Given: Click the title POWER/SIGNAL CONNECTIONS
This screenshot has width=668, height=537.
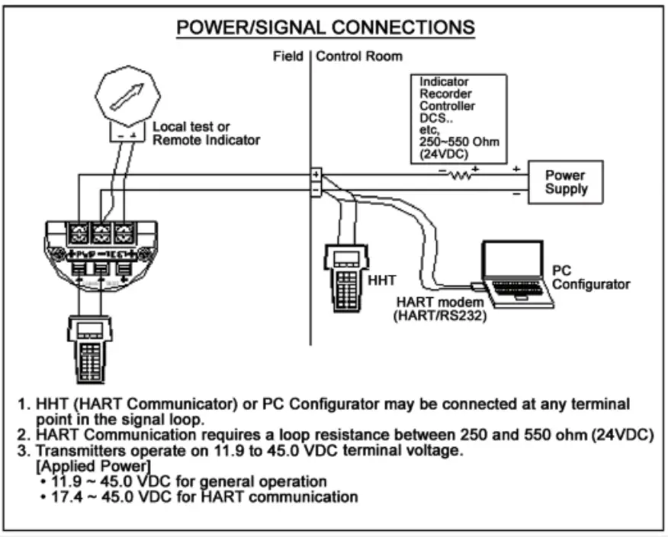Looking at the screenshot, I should pyautogui.click(x=326, y=27).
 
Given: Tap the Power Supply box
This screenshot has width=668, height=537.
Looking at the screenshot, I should pyautogui.click(x=566, y=181).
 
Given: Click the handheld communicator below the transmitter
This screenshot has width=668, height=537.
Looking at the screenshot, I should pyautogui.click(x=90, y=347).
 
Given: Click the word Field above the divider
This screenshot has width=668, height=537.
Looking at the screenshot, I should pyautogui.click(x=288, y=56).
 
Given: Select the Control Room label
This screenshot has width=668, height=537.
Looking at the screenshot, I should pyautogui.click(x=359, y=56).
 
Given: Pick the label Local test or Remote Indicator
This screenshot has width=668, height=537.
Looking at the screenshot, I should pyautogui.click(x=206, y=133).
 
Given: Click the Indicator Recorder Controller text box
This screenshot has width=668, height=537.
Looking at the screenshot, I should pyautogui.click(x=458, y=118).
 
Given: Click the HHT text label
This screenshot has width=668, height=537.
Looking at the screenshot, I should pyautogui.click(x=382, y=280).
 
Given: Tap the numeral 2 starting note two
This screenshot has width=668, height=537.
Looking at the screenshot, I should pyautogui.click(x=23, y=434).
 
